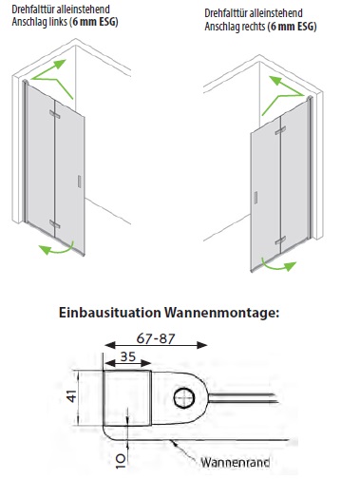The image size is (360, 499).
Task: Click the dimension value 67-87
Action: pos(156,338)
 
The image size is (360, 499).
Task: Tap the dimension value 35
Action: pos(128,356)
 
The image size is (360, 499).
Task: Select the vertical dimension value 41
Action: pos(72,396)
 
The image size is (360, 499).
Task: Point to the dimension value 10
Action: pos(121,461)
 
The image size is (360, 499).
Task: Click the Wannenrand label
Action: pos(236,462)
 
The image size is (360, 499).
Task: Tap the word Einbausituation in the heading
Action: pos(110,312)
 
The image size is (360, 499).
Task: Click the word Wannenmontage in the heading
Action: pos(221,313)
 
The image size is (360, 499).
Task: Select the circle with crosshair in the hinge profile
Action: pos(184,398)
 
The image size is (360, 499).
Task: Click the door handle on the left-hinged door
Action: pos(79,182)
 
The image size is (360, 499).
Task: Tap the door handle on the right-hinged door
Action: pos(256,198)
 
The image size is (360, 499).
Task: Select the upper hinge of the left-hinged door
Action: pos(55,114)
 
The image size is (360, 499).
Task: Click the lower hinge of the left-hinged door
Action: pos(55,223)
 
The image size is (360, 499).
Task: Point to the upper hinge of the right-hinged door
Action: pos(280,130)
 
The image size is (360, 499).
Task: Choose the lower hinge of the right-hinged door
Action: pos(280,240)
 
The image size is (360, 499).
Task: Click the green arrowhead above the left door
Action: pos(59,65)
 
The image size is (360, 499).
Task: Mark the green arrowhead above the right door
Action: pos(275,81)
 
